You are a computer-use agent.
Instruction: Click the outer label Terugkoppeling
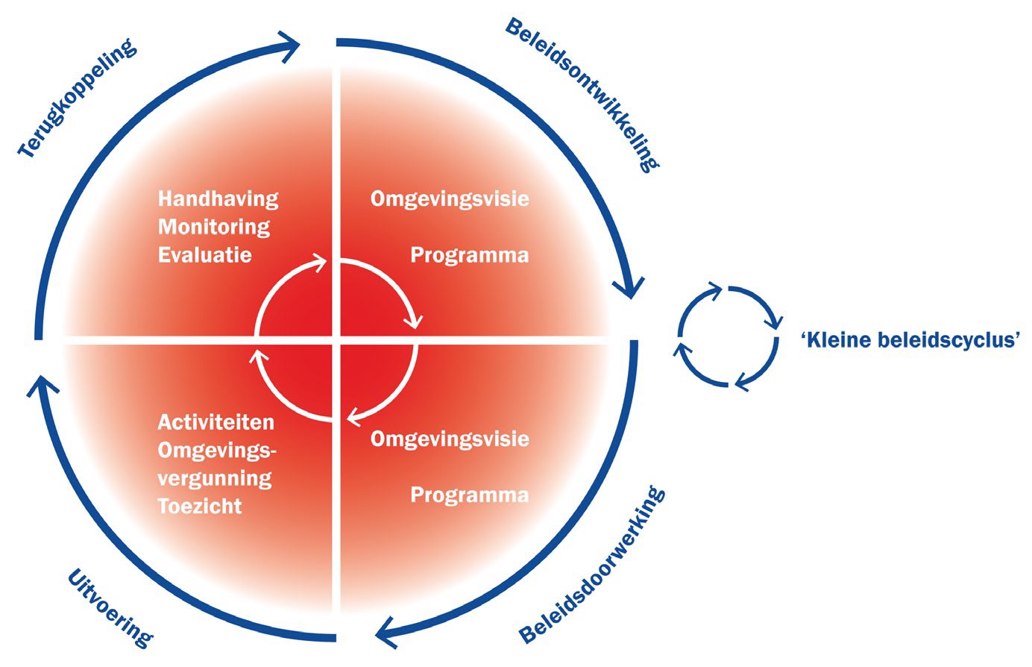pos(79,100)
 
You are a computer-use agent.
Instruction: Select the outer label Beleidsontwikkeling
pos(582,95)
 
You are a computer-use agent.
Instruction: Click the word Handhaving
pos(218,198)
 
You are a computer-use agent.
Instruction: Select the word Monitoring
pos(214,226)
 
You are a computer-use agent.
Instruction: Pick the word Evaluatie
pos(205,254)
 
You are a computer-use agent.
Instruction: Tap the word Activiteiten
pos(215,422)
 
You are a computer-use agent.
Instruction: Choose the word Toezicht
pos(200,506)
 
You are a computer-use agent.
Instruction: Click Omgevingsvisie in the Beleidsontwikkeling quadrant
pos(450,198)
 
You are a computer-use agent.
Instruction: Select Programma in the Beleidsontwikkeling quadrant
pos(469,255)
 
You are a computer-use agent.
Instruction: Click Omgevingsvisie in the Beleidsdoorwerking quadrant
pos(450,439)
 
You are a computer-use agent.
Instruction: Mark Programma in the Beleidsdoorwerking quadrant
pos(469,495)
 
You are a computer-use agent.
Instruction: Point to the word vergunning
pos(214,477)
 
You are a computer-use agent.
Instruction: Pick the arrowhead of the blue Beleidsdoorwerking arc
pos(388,633)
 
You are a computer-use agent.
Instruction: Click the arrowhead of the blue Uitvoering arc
pos(42,386)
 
